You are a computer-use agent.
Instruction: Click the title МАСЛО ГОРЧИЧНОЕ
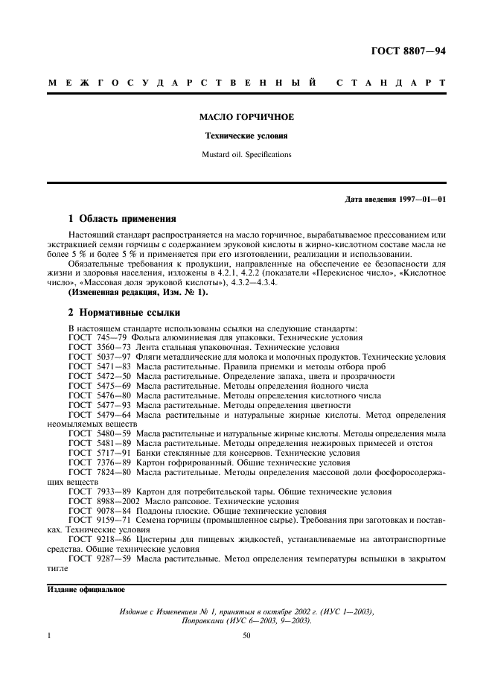(246, 118)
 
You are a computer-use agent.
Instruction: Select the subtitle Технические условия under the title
(246, 136)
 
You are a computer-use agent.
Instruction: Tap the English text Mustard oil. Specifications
(246, 155)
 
